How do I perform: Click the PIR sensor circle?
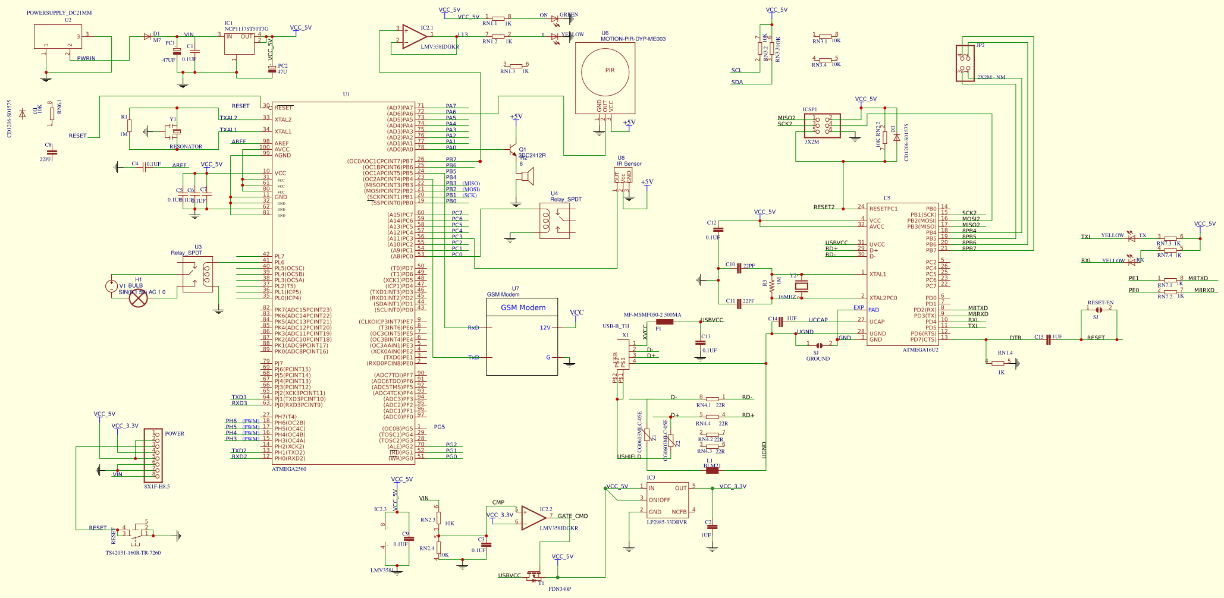click(x=605, y=72)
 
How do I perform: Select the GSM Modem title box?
click(x=522, y=307)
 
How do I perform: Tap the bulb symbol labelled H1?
click(x=139, y=298)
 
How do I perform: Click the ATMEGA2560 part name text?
click(x=289, y=469)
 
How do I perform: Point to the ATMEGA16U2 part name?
click(x=920, y=350)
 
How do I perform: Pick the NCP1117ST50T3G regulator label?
click(x=246, y=29)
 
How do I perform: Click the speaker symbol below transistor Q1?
click(x=526, y=176)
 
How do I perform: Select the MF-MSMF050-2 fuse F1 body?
click(x=664, y=322)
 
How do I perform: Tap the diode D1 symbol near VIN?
click(x=147, y=36)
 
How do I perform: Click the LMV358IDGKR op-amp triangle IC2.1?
click(x=413, y=36)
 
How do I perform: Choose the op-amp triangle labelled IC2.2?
click(x=532, y=518)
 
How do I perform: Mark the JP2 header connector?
click(x=965, y=64)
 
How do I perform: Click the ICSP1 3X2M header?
click(x=822, y=126)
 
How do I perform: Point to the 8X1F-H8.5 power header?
click(x=153, y=455)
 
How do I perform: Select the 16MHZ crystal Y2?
click(x=802, y=286)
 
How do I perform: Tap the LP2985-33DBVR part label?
click(x=667, y=523)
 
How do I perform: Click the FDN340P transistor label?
click(x=559, y=589)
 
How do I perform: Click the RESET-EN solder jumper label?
click(x=1100, y=303)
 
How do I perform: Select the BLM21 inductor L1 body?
click(x=711, y=470)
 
